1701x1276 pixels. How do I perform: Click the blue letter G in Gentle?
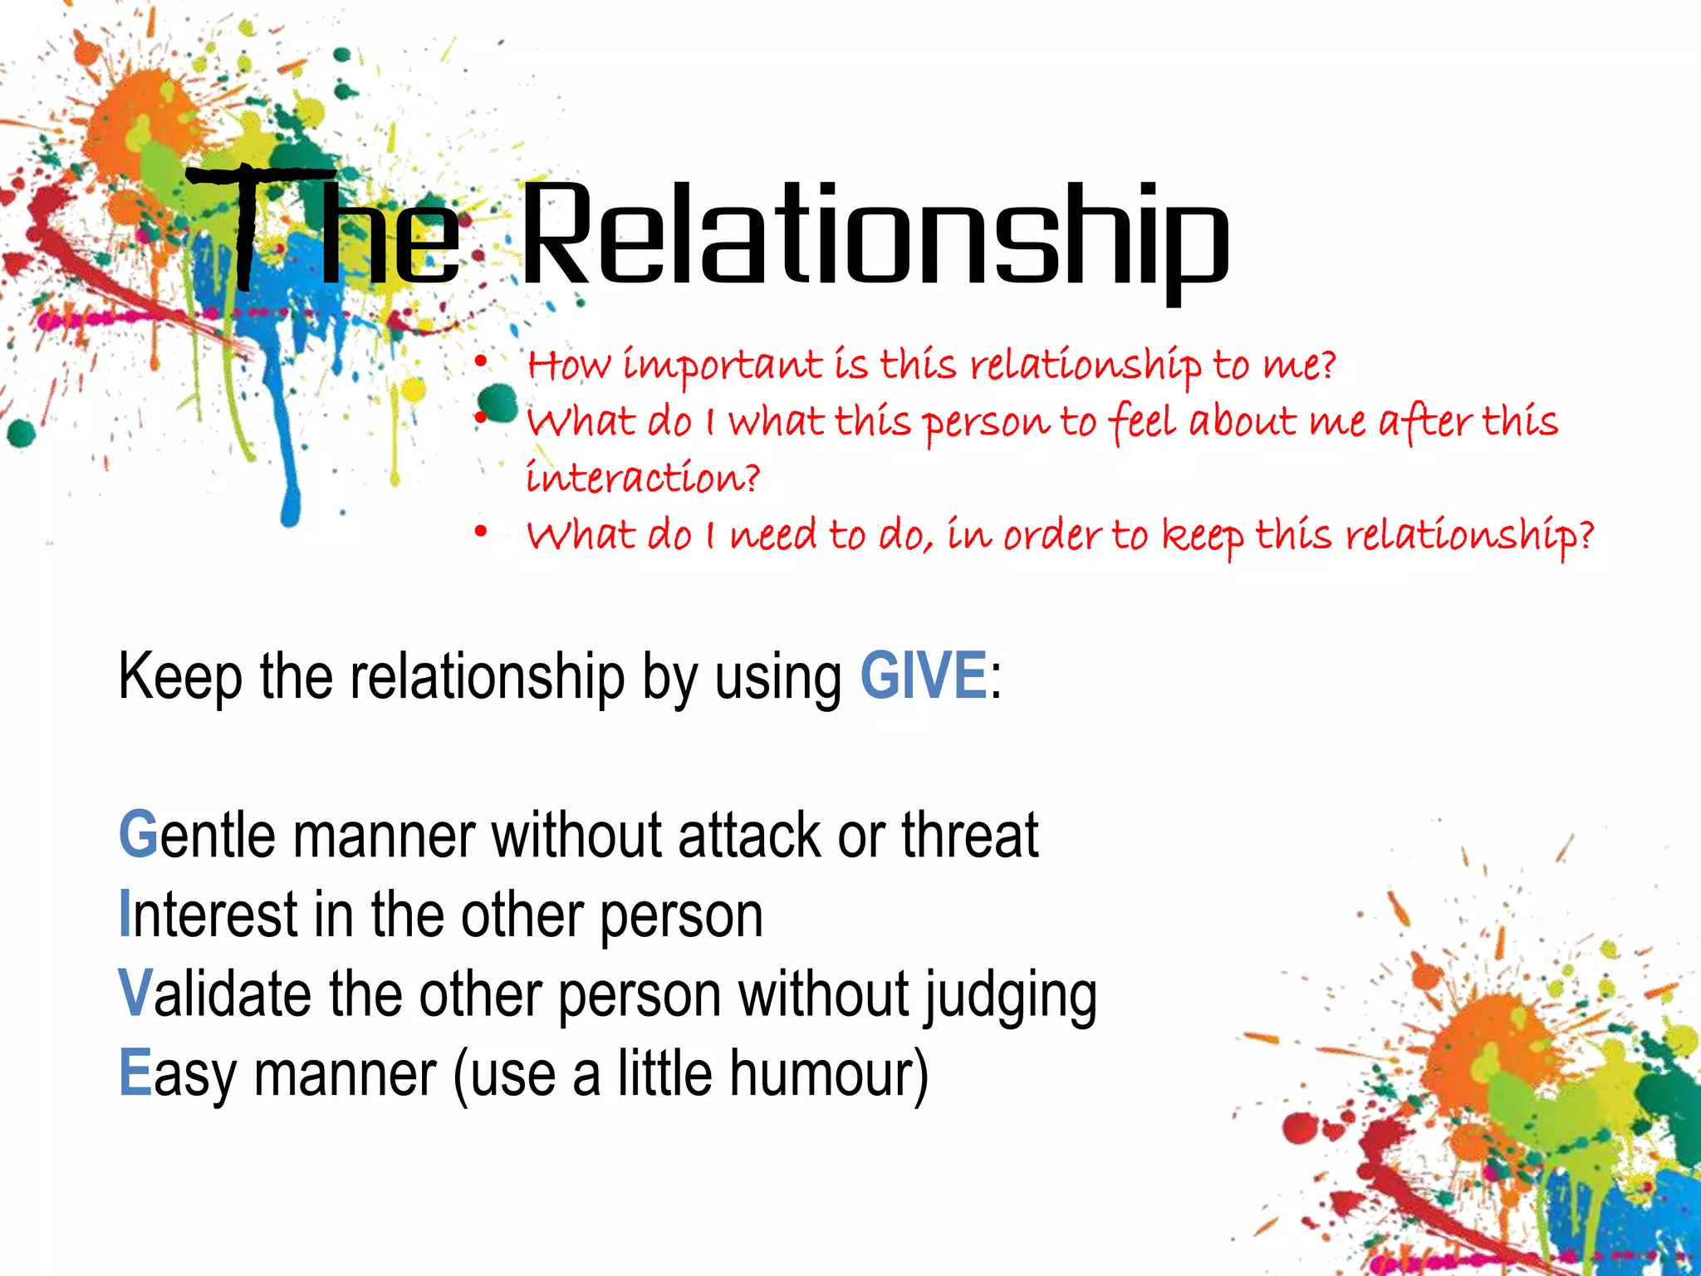[x=138, y=835]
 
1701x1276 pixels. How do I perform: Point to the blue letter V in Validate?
[x=135, y=994]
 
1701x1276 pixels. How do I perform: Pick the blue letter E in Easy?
[x=135, y=1073]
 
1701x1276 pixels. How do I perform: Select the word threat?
[x=969, y=835]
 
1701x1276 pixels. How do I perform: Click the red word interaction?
[x=643, y=478]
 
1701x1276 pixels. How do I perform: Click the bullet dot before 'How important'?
[x=480, y=362]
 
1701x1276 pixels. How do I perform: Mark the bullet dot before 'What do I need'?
[x=480, y=532]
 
